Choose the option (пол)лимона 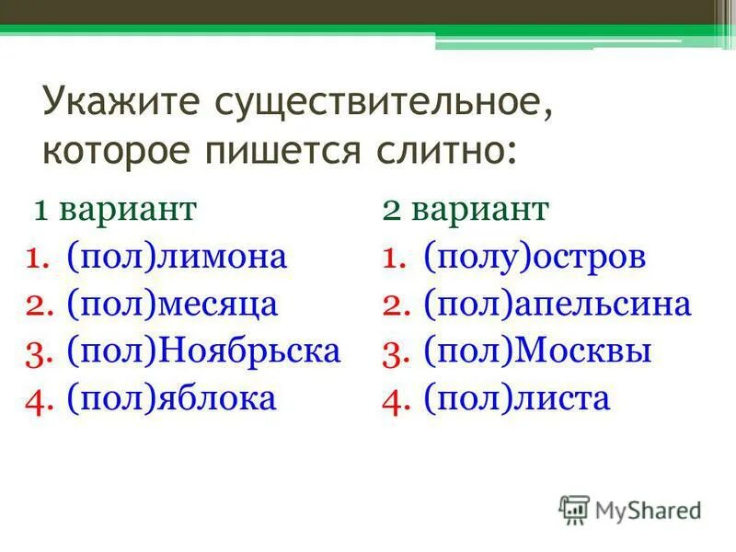[177, 257]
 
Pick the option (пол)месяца [172, 305]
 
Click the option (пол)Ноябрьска [203, 351]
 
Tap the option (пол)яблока [171, 398]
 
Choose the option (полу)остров [535, 257]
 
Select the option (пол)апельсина [557, 305]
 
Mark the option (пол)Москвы [537, 351]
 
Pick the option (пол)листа [516, 398]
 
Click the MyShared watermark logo [630, 509]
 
